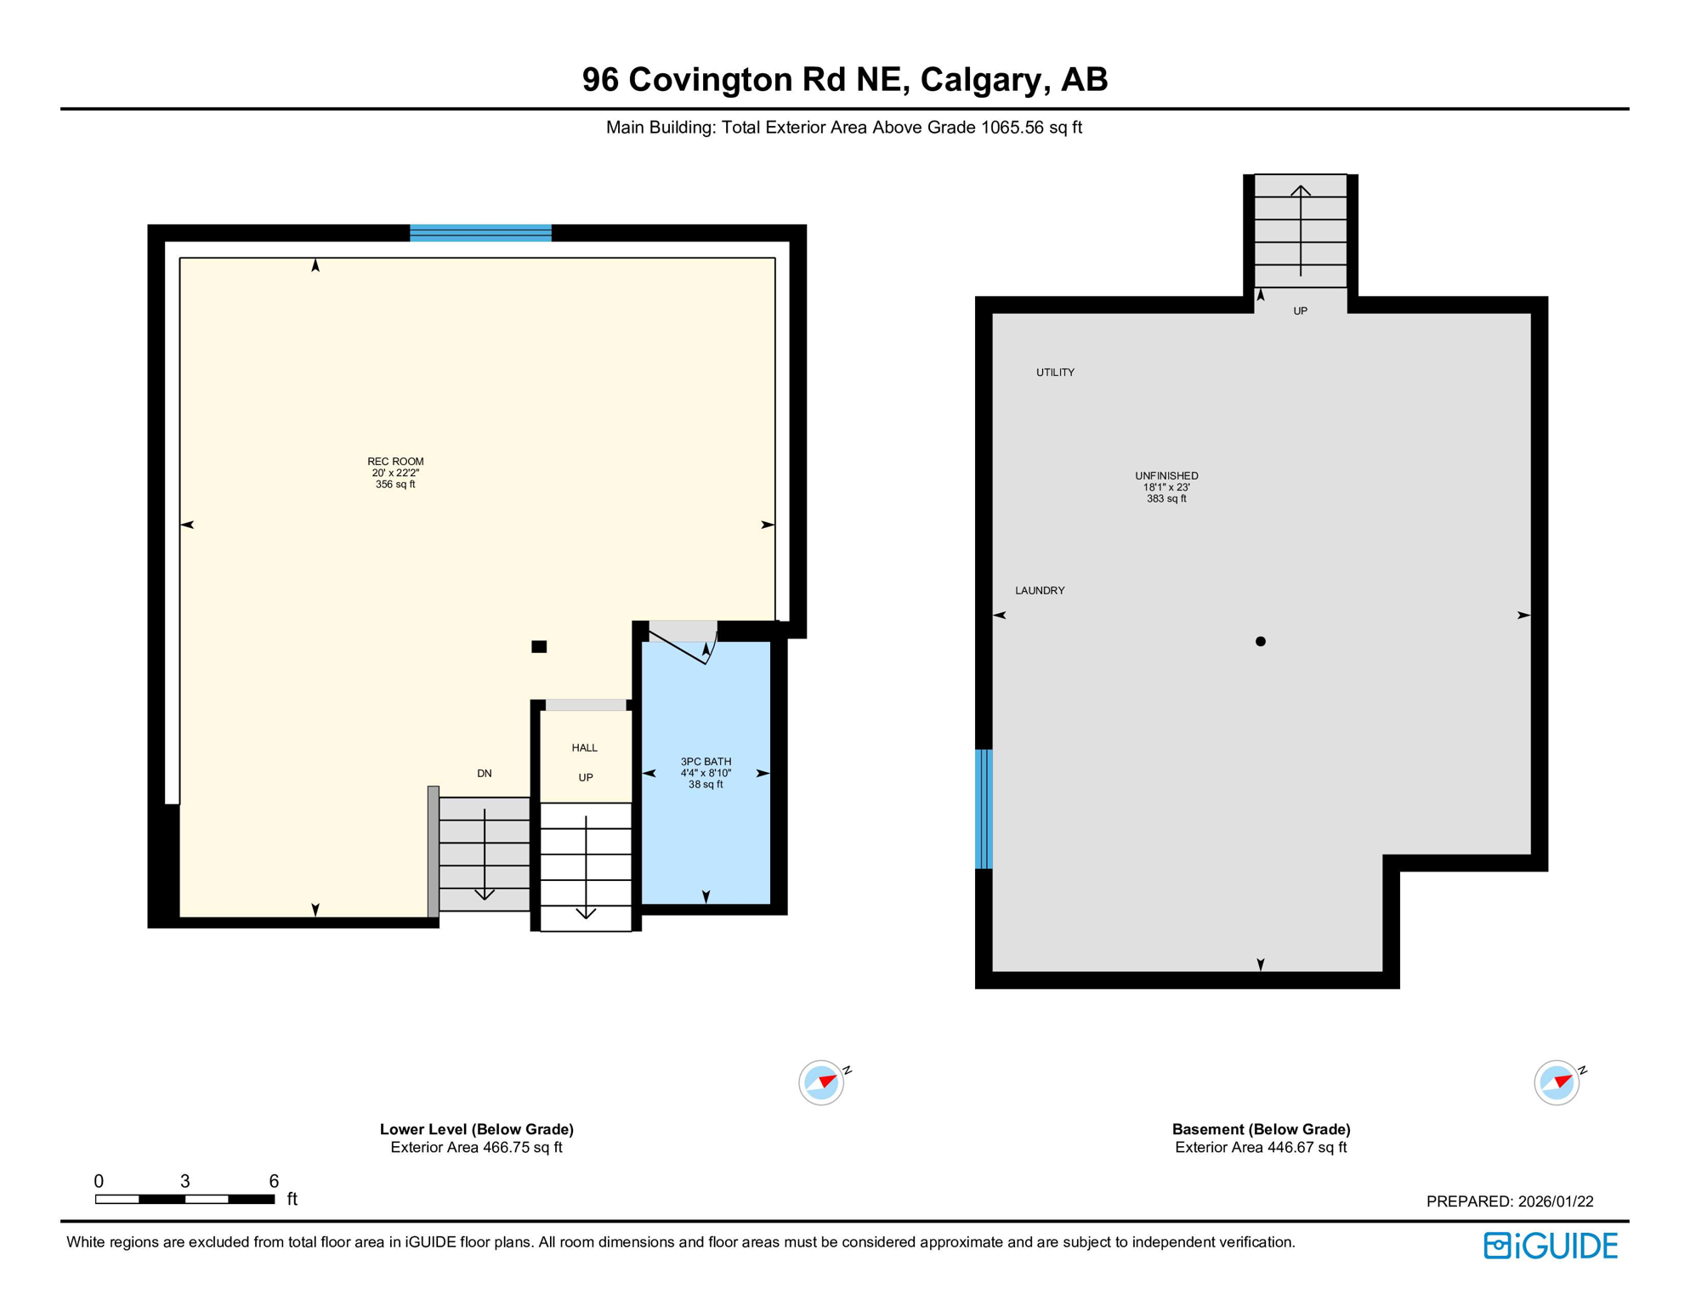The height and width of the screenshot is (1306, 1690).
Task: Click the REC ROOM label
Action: [x=395, y=462]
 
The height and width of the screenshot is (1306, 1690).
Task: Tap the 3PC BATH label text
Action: [x=706, y=762]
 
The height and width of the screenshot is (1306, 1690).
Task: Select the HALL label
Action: [x=585, y=748]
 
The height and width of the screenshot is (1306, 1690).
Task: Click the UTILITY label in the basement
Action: [x=1055, y=372]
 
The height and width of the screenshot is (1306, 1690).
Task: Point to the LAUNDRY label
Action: [x=1040, y=590]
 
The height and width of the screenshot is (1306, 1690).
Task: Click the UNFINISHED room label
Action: [x=1166, y=476]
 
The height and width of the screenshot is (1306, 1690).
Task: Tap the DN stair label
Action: [x=485, y=774]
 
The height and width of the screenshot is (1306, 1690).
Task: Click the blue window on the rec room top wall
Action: [x=480, y=233]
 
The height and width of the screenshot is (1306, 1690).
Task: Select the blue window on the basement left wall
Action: [x=984, y=809]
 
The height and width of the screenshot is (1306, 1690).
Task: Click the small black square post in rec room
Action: [x=539, y=647]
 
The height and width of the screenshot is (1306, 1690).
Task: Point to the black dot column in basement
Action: [x=1261, y=642]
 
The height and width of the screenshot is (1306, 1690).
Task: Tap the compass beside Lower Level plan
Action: [x=821, y=1082]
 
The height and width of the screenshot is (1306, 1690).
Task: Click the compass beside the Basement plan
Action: [x=1557, y=1082]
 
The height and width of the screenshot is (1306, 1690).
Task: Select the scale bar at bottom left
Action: [x=184, y=1199]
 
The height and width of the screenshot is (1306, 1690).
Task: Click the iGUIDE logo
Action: [x=1551, y=1246]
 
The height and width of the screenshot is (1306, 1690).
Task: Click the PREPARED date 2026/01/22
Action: [x=1510, y=1201]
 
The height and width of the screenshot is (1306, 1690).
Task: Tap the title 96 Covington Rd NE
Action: [x=844, y=79]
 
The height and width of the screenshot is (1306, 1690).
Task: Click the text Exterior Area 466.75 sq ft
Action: [x=476, y=1148]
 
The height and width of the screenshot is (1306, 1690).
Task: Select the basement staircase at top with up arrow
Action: [x=1301, y=231]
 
